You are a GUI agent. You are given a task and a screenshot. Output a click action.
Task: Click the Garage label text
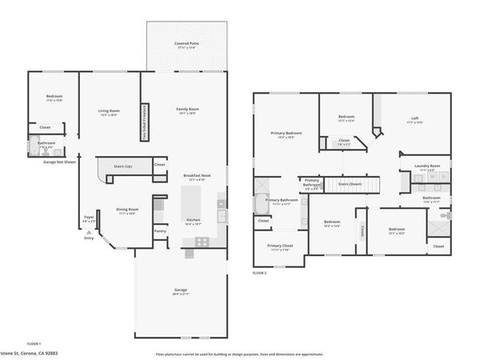click(x=180, y=290)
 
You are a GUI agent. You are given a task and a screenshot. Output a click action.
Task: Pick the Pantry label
click(x=161, y=231)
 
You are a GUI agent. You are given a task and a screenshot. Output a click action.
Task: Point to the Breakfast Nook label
click(x=196, y=176)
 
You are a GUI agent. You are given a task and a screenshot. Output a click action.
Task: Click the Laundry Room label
click(x=427, y=166)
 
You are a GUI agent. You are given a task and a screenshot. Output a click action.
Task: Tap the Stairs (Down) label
click(x=350, y=183)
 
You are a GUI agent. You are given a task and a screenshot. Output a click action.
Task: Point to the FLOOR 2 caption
click(x=258, y=273)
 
